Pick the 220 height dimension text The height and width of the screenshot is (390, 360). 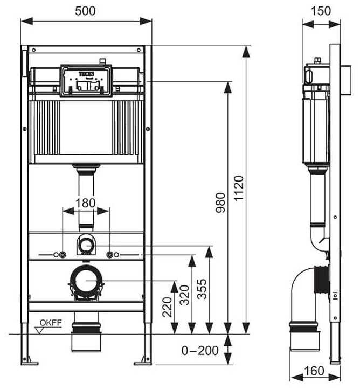pos(167,308)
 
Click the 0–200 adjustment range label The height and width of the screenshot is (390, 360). pos(200,351)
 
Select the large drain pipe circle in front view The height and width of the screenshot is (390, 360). pos(86,281)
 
